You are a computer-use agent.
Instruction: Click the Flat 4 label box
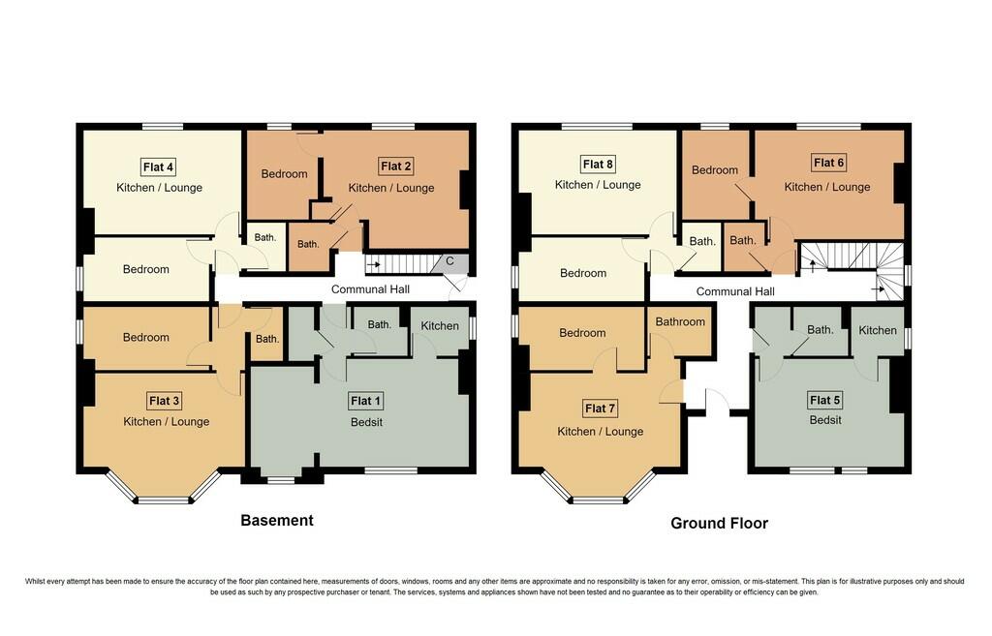pyautogui.click(x=159, y=166)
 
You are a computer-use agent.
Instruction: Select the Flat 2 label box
pyautogui.click(x=395, y=167)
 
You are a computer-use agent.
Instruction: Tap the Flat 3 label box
pyautogui.click(x=165, y=401)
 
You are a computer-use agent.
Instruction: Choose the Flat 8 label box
pyautogui.click(x=598, y=163)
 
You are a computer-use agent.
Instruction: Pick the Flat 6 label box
pyautogui.click(x=829, y=162)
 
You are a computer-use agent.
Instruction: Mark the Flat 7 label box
pyautogui.click(x=601, y=408)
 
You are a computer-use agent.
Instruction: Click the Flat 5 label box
pyautogui.click(x=825, y=400)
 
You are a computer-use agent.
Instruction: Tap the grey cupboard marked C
pyautogui.click(x=449, y=262)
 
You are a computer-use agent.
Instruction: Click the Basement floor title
pyautogui.click(x=277, y=520)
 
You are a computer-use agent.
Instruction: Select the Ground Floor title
pyautogui.click(x=719, y=523)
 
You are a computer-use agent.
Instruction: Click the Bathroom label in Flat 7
pyautogui.click(x=681, y=321)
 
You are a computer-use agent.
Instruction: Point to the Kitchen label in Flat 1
pyautogui.click(x=440, y=325)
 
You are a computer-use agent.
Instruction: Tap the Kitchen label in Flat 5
pyautogui.click(x=878, y=330)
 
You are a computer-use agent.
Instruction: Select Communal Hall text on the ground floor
pyautogui.click(x=735, y=291)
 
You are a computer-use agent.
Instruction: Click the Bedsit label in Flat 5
pyautogui.click(x=825, y=420)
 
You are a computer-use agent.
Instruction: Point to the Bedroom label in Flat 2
pyautogui.click(x=285, y=174)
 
